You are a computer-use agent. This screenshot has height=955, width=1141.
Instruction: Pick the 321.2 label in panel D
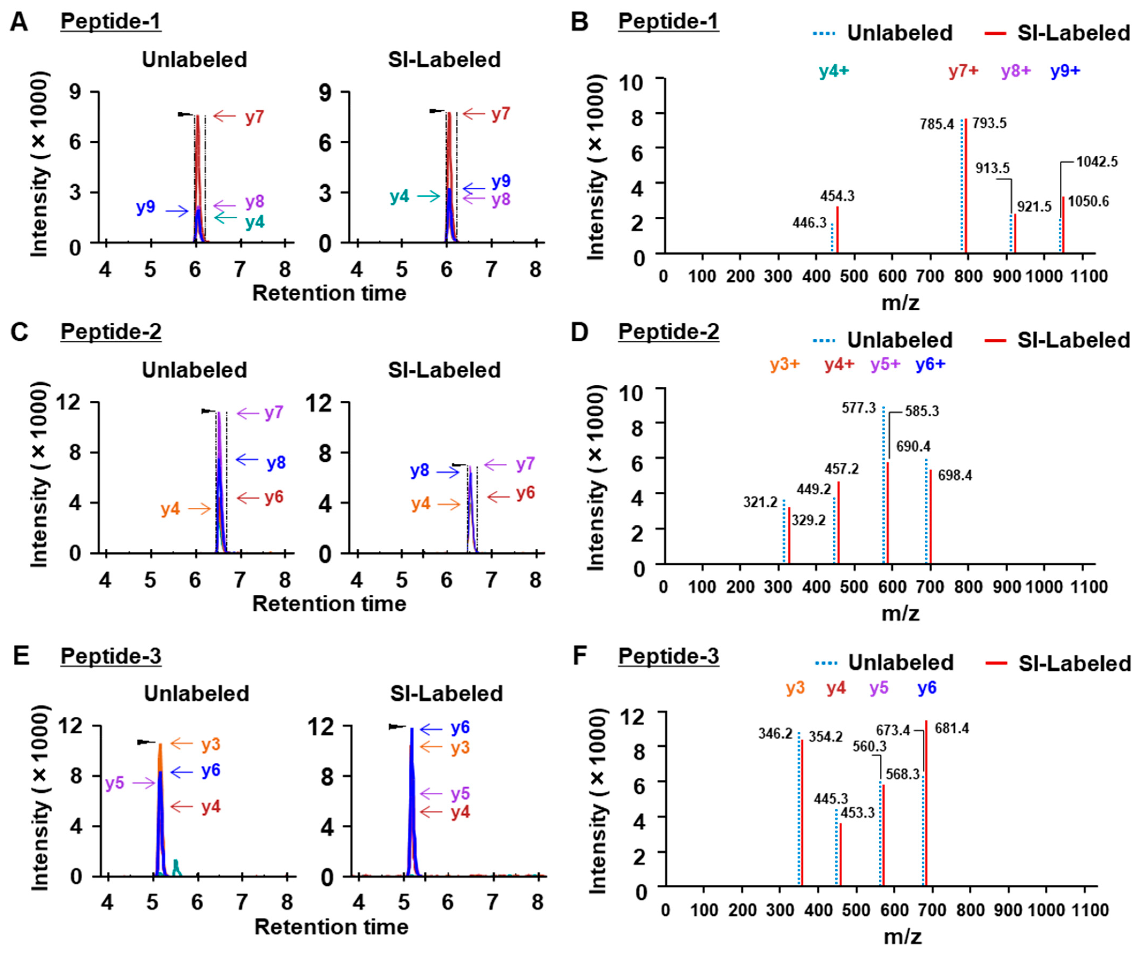[761, 502]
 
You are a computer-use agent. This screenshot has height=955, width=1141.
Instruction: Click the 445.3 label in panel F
[831, 799]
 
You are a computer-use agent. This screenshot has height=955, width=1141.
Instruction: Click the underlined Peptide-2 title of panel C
[111, 331]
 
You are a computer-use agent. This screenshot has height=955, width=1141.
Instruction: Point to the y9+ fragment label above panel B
[1065, 71]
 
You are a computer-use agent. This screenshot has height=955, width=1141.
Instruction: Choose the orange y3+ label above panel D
[785, 364]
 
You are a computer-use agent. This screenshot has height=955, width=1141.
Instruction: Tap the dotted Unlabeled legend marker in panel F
[826, 663]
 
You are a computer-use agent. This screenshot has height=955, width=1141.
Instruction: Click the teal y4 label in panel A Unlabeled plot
[254, 222]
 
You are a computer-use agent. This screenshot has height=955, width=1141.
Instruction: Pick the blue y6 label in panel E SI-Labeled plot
[460, 727]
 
